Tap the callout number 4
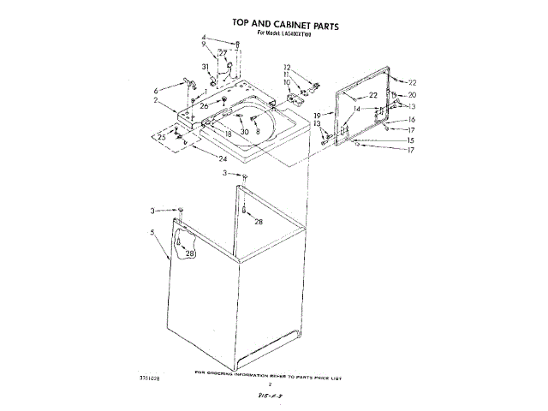pos(204,38)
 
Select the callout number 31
pos(205,67)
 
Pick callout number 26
pos(205,106)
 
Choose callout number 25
pos(161,137)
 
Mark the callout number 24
pos(223,158)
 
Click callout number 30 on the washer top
pos(244,132)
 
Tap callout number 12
pos(288,67)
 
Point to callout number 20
pos(412,95)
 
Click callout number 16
pos(411,120)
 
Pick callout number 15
pos(410,140)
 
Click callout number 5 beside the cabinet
pos(153,233)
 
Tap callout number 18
pos(229,134)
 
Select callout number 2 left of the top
pos(156,101)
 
